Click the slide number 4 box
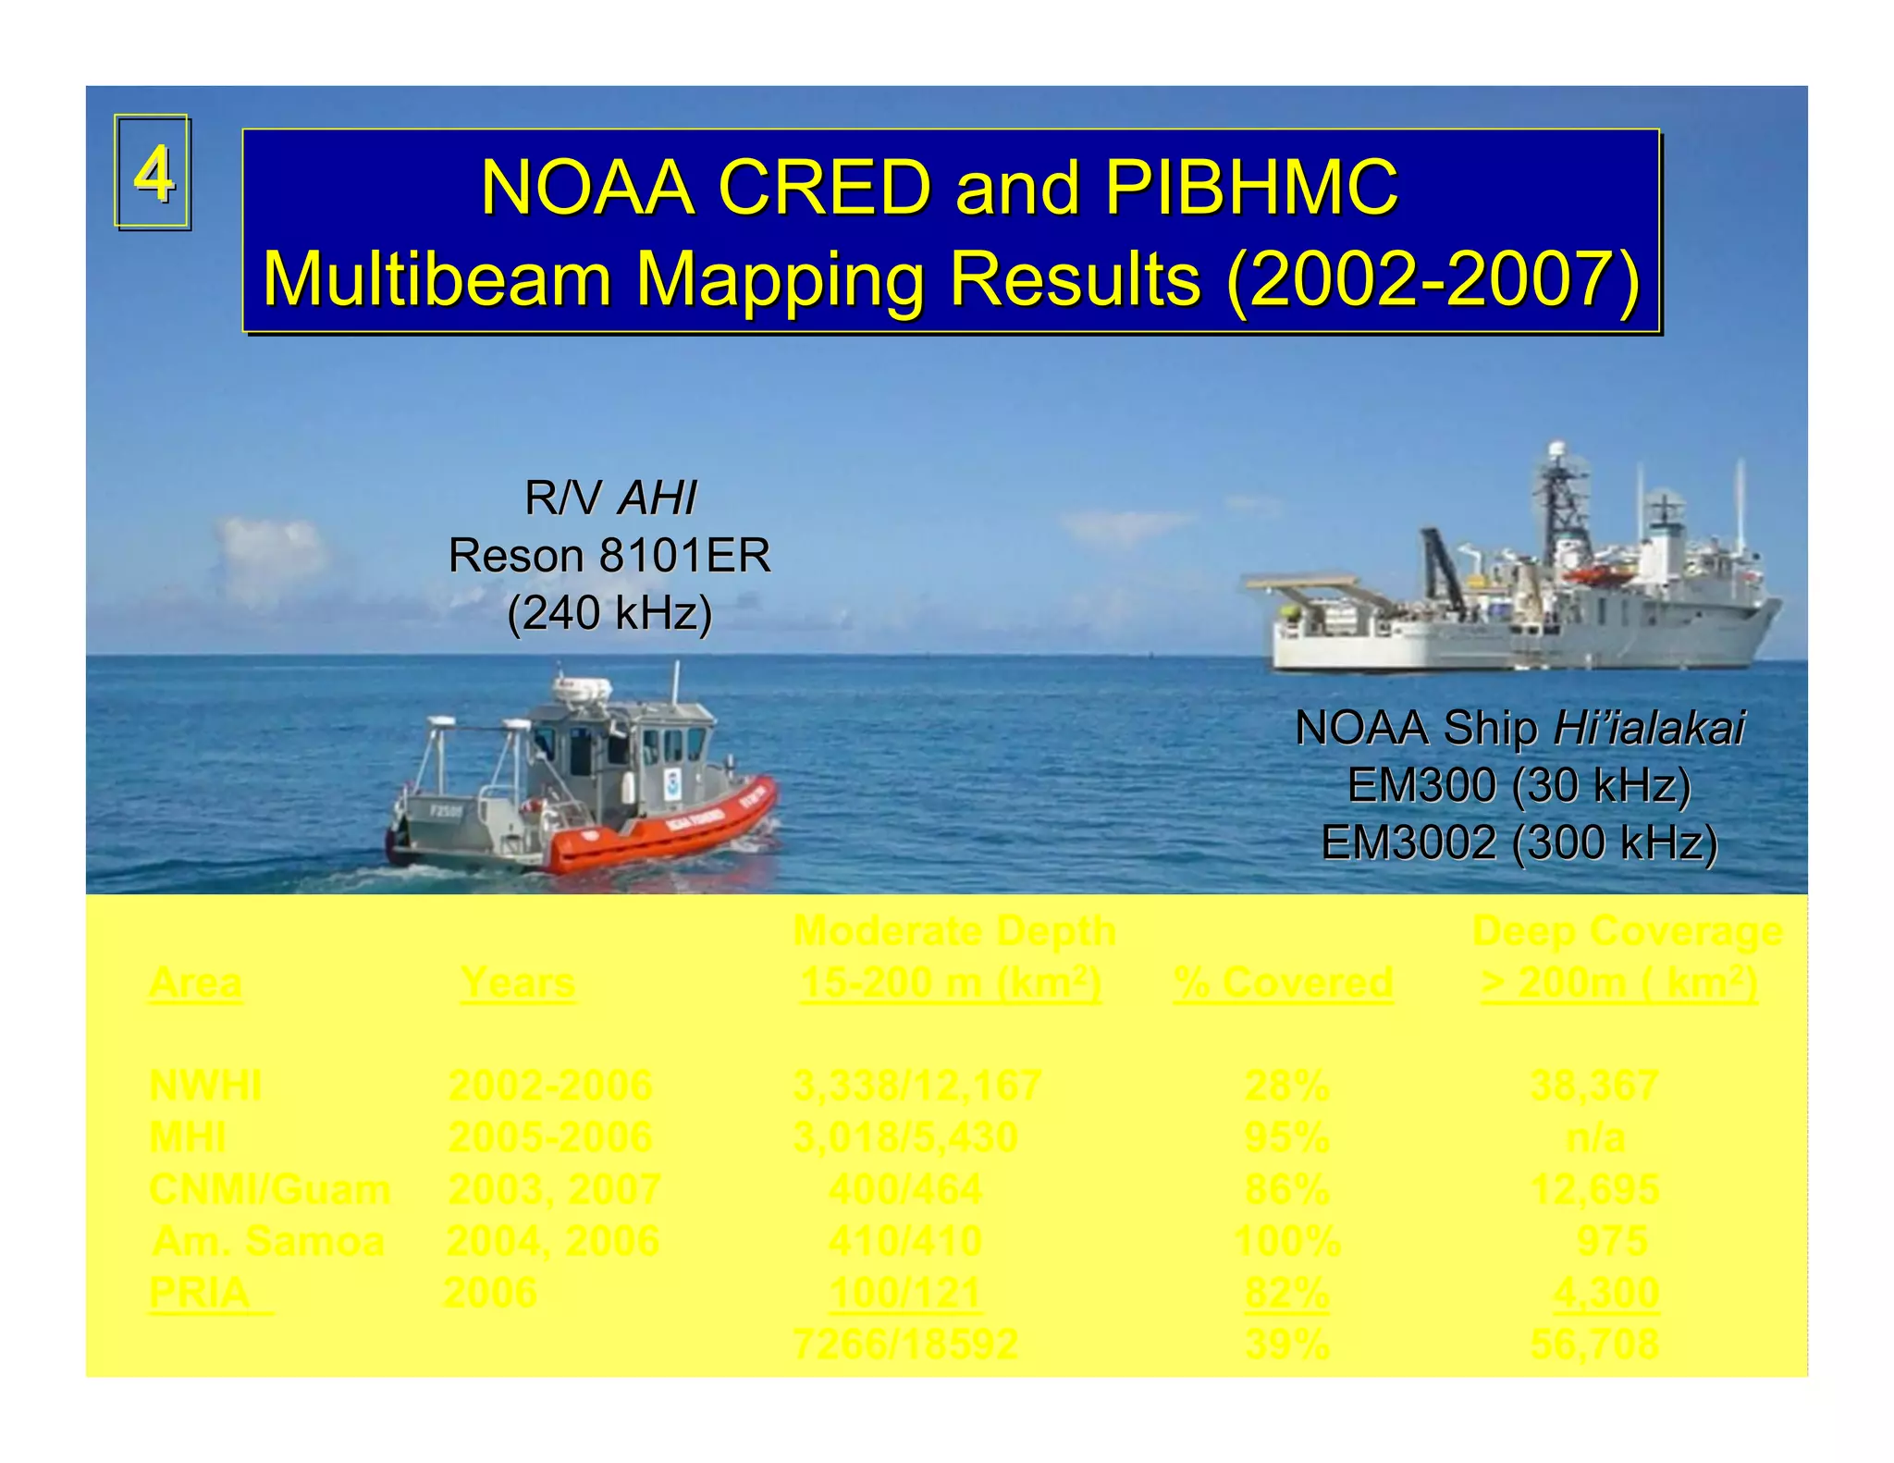tap(153, 172)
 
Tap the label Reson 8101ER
tap(609, 556)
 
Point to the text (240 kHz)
tap(610, 612)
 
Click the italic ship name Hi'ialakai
tap(1649, 728)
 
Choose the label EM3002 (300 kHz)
tap(1519, 842)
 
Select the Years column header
tap(518, 982)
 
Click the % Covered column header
tap(1283, 982)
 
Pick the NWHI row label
tap(205, 1086)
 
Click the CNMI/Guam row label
tap(269, 1189)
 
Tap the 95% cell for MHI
tap(1286, 1137)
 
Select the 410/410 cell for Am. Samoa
tap(904, 1241)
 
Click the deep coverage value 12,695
tap(1594, 1189)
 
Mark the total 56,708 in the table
tap(1594, 1344)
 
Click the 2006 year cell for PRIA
tap(490, 1293)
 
